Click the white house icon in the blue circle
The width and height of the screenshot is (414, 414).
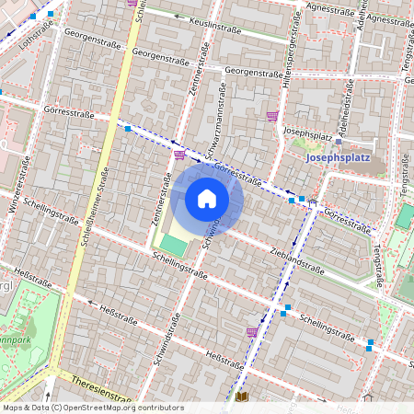pos(207,198)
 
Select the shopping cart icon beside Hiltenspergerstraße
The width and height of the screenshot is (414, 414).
pos(272,116)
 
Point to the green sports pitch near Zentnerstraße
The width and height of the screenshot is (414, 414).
pos(173,245)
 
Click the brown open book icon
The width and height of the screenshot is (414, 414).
pos(242,397)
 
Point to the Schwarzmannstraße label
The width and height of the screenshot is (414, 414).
pos(222,110)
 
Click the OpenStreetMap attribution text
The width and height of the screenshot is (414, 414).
pos(92,408)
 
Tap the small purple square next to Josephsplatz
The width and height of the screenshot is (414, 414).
pos(339,143)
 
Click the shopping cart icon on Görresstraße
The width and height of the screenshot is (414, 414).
pos(179,154)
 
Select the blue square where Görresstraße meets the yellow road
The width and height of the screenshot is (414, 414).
pos(127,130)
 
